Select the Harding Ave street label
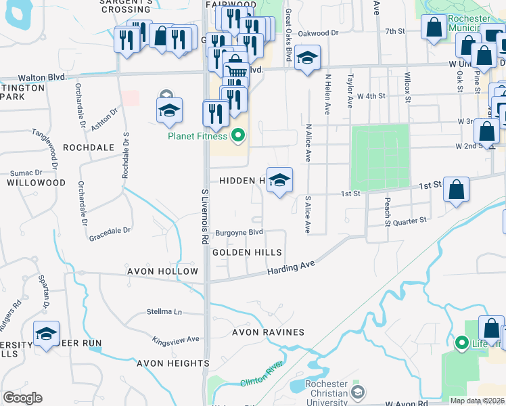(x=292, y=267)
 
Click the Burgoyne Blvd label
(x=239, y=232)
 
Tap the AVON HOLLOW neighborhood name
(x=161, y=271)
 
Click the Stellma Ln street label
(x=165, y=312)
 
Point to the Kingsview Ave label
(x=175, y=339)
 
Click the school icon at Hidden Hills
(x=279, y=181)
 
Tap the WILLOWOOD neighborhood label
(x=37, y=183)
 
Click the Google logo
(x=23, y=397)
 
